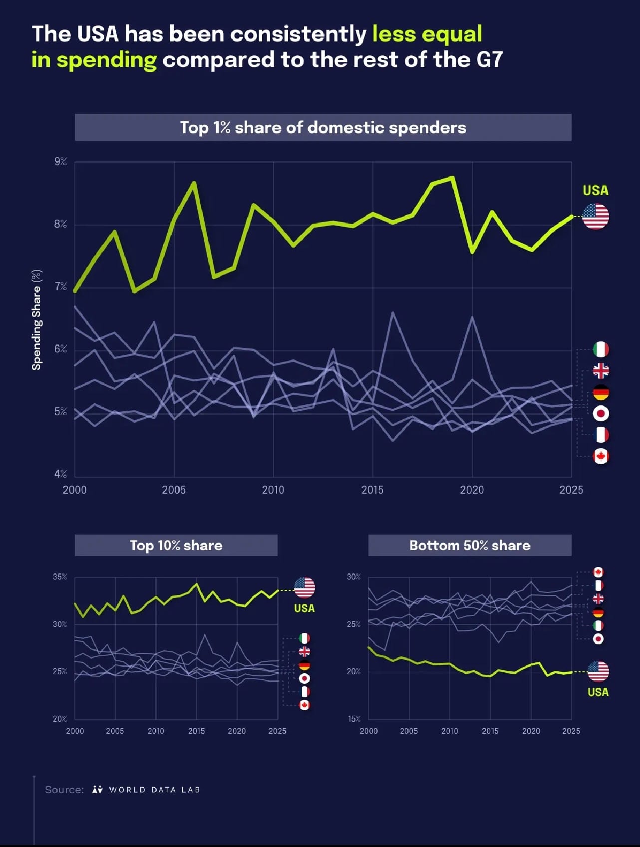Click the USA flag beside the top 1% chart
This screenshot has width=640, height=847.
pos(596,216)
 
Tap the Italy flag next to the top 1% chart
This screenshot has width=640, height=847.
pos(601,349)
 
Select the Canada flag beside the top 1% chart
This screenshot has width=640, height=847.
pos(601,456)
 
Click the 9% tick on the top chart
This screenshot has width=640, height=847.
pos(60,162)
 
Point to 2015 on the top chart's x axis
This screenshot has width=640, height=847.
pos(372,490)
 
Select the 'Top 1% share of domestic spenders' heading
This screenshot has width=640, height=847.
pos(323,128)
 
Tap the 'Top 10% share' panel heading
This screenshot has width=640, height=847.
pos(176,545)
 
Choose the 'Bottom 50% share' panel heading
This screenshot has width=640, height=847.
pos(470,545)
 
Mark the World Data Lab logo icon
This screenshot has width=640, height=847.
pos(97,790)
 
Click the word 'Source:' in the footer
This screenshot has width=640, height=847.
pos(64,790)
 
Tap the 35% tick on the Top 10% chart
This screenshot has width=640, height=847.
pos(60,576)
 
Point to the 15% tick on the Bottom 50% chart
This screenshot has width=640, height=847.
pos(354,719)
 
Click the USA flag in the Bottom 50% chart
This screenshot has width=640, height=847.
pos(598,671)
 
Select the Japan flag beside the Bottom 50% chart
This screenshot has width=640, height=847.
pos(598,639)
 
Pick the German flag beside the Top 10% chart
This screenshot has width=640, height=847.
pos(304,665)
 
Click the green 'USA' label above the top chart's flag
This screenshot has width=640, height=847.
pos(596,190)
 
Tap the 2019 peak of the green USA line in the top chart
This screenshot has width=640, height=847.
pos(452,177)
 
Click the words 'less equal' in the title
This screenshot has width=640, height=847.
pos(427,34)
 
